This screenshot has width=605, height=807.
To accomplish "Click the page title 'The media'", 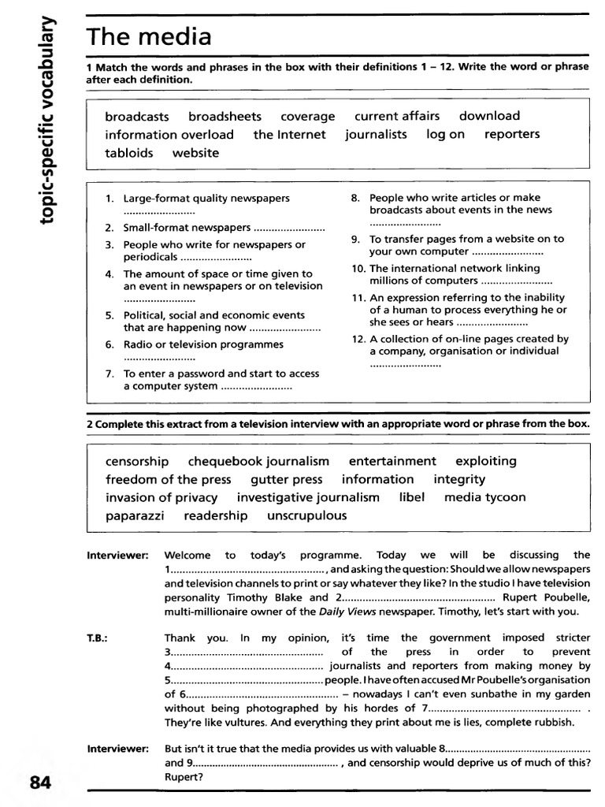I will pos(149,37).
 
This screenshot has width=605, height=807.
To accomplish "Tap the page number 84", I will pos(41,783).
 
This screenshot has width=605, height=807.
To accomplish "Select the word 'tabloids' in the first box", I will pos(129,153).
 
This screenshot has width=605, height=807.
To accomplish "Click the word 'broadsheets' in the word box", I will pos(225,116).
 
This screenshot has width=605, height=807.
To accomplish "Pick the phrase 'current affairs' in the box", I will pos(397,116).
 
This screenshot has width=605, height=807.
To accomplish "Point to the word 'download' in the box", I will pos(489,116).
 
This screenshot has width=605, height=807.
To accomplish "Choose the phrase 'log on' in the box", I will pos(446,134).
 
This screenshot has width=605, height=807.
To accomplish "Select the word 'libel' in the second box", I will pos(412,497).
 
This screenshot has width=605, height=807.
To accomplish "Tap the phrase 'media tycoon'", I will pos(484,497).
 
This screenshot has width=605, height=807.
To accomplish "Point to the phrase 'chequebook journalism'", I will pos(258,461).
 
